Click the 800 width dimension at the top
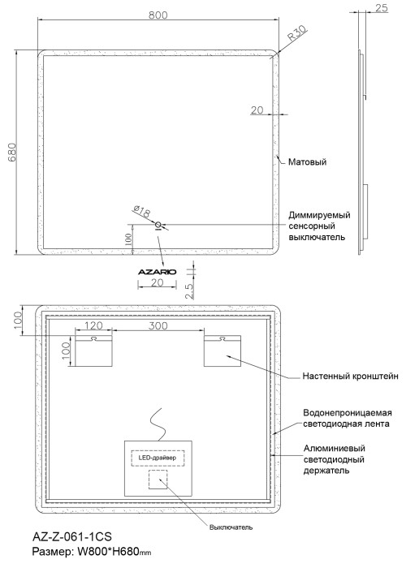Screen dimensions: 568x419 click(x=158, y=15)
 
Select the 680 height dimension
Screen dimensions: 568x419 click(x=12, y=154)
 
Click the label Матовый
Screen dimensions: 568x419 click(x=308, y=162)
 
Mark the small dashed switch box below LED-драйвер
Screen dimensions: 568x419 click(x=158, y=480)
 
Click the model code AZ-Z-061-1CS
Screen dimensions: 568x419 click(x=71, y=537)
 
